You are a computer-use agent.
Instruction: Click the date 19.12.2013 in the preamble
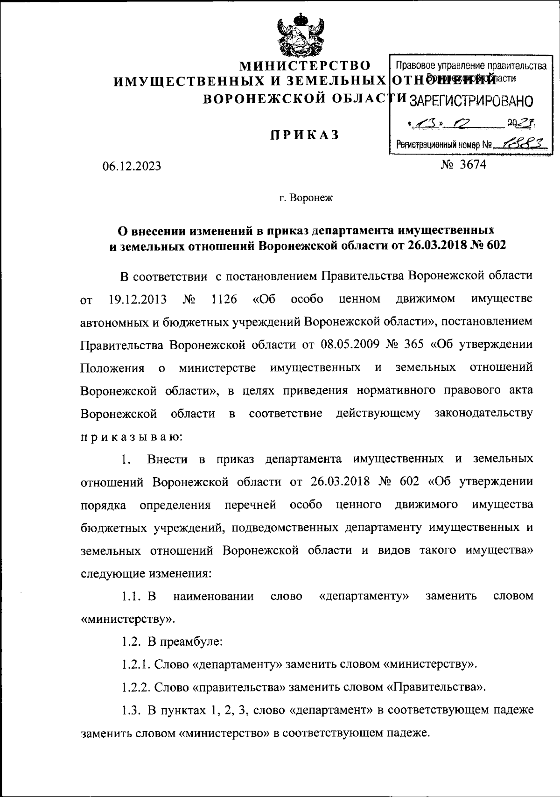[x=138, y=299]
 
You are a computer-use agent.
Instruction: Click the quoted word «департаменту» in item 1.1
[x=364, y=596]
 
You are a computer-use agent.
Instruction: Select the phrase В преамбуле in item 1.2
[x=185, y=641]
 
